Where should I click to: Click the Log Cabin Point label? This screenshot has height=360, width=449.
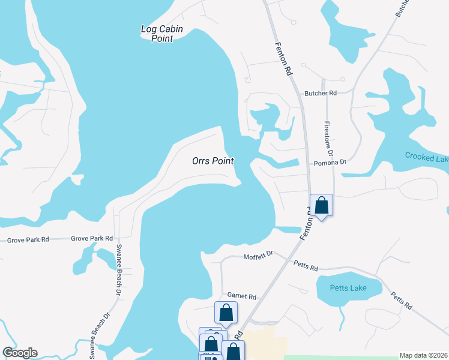coord(161,34)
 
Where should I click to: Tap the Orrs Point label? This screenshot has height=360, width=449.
coord(212,161)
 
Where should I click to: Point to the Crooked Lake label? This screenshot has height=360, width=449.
coord(426,157)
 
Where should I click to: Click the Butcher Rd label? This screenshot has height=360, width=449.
coord(321,93)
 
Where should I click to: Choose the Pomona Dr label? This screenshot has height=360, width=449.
coord(331,163)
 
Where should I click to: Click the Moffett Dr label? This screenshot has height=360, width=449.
coord(258,256)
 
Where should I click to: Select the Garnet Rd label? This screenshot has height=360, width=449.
coord(242,296)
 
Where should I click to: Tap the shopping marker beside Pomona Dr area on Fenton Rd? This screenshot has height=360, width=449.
coord(322,205)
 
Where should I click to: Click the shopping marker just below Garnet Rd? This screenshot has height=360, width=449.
coord(226,313)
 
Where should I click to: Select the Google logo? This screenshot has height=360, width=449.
coord(20,353)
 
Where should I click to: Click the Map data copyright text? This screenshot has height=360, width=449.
coord(424,355)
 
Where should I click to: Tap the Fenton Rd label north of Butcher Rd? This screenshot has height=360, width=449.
coord(283,58)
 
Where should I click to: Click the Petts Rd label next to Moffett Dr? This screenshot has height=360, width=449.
coord(306,265)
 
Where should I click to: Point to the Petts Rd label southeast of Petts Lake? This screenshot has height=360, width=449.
coord(401,301)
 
